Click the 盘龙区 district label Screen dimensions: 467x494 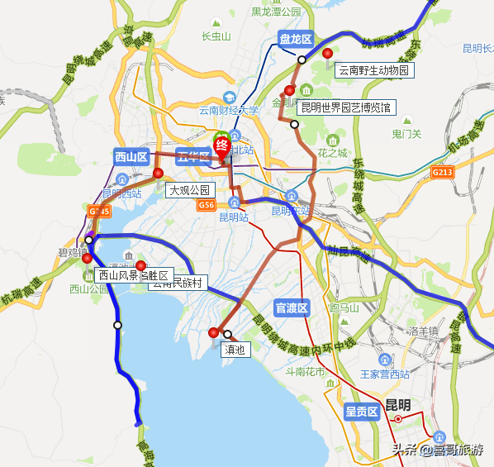295,39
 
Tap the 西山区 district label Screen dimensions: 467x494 130,156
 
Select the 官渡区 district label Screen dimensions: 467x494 291,308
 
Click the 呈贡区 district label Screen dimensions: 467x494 361,411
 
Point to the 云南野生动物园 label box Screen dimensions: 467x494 373,70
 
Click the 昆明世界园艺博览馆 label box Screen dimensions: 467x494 345,107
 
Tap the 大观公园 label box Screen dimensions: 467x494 189,190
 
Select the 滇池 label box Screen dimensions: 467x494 235,350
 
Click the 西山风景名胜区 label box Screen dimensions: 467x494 132,275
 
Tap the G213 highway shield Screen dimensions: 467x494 443,172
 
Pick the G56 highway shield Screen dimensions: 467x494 206,205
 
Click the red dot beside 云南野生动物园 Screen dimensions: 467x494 327,54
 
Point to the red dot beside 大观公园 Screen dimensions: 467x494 159,174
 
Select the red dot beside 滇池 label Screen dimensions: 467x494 214,332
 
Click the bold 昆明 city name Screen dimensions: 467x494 398,405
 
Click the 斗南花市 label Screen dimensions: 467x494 305,372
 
